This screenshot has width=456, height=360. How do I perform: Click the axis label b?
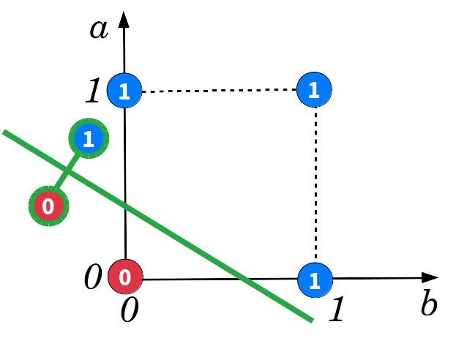click(x=428, y=303)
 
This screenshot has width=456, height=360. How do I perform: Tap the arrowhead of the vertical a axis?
click(x=124, y=16)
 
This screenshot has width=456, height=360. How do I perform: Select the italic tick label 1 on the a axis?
click(x=93, y=92)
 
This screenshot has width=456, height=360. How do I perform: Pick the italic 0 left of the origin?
click(x=93, y=278)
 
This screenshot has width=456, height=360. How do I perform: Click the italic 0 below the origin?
click(x=129, y=311)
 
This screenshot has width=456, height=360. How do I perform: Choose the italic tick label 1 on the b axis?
click(x=336, y=310)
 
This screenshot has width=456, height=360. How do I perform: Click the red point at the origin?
click(x=125, y=278)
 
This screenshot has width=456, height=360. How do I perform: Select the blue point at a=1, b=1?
click(x=315, y=90)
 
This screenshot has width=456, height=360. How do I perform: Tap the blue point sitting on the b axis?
click(x=315, y=280)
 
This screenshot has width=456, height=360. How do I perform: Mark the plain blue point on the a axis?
click(x=124, y=91)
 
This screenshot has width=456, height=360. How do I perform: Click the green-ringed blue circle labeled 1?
click(x=88, y=138)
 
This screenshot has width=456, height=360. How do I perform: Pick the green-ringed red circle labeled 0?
click(x=48, y=206)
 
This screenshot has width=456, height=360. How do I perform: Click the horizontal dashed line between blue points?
click(x=220, y=91)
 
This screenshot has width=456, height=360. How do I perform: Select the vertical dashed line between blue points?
click(x=315, y=183)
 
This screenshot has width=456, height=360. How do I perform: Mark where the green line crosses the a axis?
click(x=125, y=206)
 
